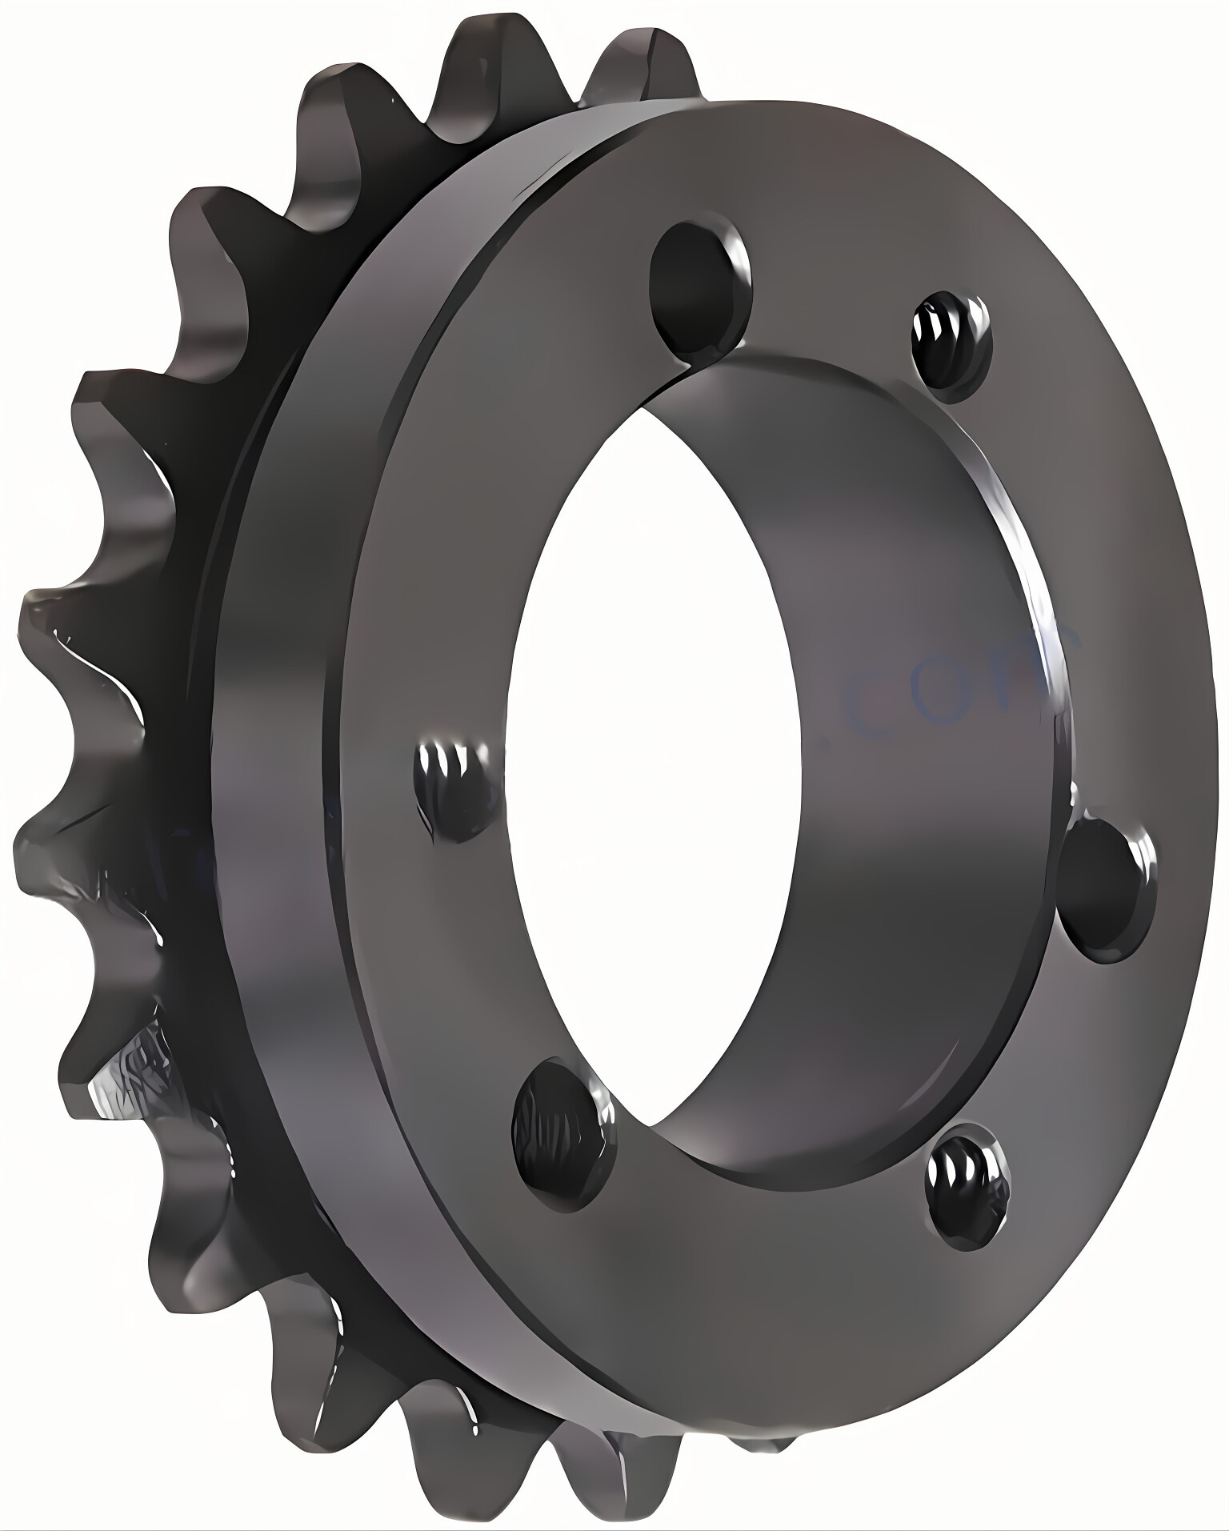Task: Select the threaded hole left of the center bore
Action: tap(456, 788)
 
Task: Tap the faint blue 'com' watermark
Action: tap(960, 680)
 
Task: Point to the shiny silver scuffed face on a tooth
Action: tap(128, 1064)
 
